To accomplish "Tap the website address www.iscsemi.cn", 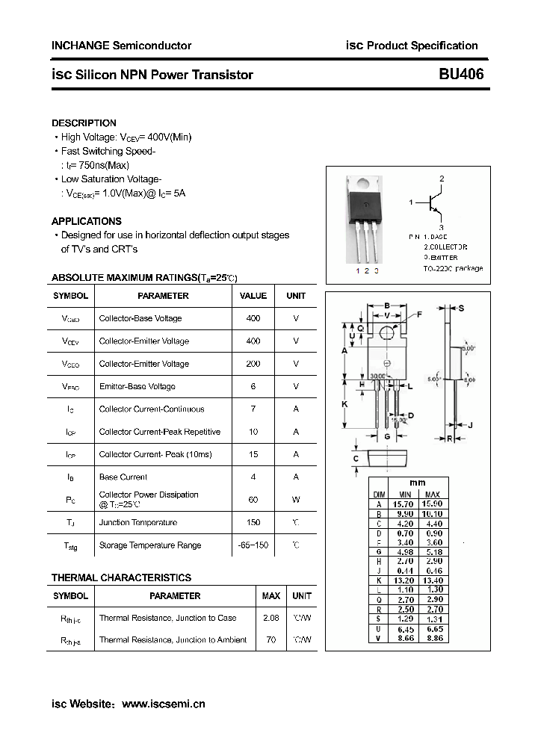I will [163, 704].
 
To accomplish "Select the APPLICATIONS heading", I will [86, 221].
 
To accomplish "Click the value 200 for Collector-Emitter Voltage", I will [253, 364].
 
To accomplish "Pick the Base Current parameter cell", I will [123, 477].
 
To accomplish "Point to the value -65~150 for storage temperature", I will [253, 545].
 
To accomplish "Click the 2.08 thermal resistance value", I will [270, 618].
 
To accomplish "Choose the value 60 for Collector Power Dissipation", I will [253, 499].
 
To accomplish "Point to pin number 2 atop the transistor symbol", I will [442, 179].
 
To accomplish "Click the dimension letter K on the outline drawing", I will [345, 403].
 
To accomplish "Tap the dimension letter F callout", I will [419, 315].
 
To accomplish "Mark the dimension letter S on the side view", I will [461, 308].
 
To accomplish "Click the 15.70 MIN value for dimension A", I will [405, 504].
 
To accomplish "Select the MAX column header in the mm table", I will [432, 495].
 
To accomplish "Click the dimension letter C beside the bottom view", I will [356, 459].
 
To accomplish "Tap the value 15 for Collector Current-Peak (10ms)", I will [253, 454].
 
